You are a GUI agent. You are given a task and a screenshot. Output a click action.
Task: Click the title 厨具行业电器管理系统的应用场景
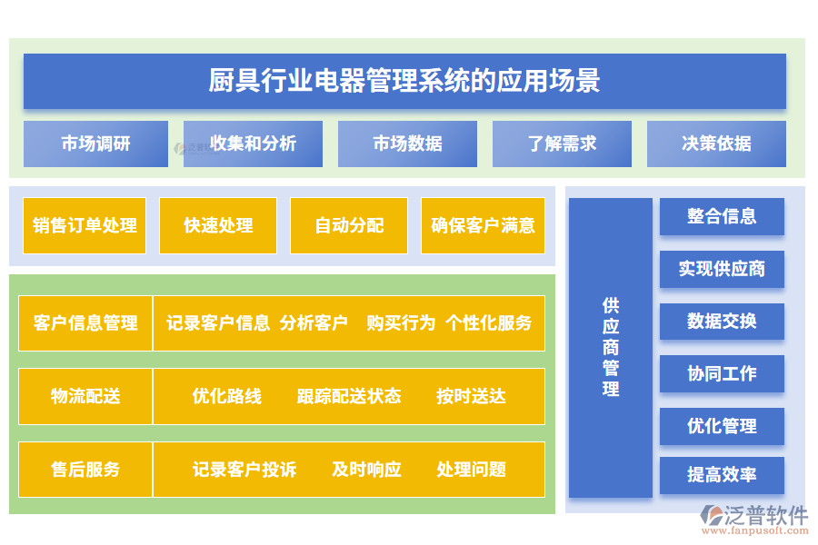click(x=404, y=81)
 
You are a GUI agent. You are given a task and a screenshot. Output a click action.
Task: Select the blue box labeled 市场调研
click(x=95, y=144)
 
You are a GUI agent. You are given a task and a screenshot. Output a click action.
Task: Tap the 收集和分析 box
click(x=253, y=144)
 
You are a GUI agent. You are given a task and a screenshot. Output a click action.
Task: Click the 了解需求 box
click(x=562, y=144)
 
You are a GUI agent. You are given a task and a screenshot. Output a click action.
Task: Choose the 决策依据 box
click(x=716, y=144)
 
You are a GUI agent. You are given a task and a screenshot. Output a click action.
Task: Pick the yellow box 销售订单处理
click(x=85, y=225)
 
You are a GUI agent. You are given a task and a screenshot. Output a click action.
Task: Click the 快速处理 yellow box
click(x=218, y=225)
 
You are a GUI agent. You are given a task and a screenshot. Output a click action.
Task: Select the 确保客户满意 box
click(x=483, y=225)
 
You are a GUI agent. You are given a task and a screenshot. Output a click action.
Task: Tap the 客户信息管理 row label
click(x=85, y=322)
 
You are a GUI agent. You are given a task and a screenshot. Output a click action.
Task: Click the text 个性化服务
click(x=488, y=322)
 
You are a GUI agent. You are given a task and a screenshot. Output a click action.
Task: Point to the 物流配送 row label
click(x=85, y=396)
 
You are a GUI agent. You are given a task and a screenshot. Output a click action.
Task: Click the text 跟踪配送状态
click(x=348, y=396)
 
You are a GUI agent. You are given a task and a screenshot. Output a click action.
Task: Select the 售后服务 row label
click(x=85, y=470)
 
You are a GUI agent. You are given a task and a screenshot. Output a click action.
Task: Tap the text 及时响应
click(x=366, y=470)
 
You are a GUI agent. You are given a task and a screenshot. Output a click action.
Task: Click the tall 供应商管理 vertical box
click(x=611, y=347)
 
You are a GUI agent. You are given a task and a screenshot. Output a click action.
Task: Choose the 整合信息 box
click(x=722, y=216)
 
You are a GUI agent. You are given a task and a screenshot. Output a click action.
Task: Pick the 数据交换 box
click(x=722, y=321)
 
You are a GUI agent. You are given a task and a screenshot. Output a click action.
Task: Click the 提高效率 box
click(x=722, y=475)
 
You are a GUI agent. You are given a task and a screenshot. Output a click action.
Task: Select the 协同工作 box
click(x=722, y=373)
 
